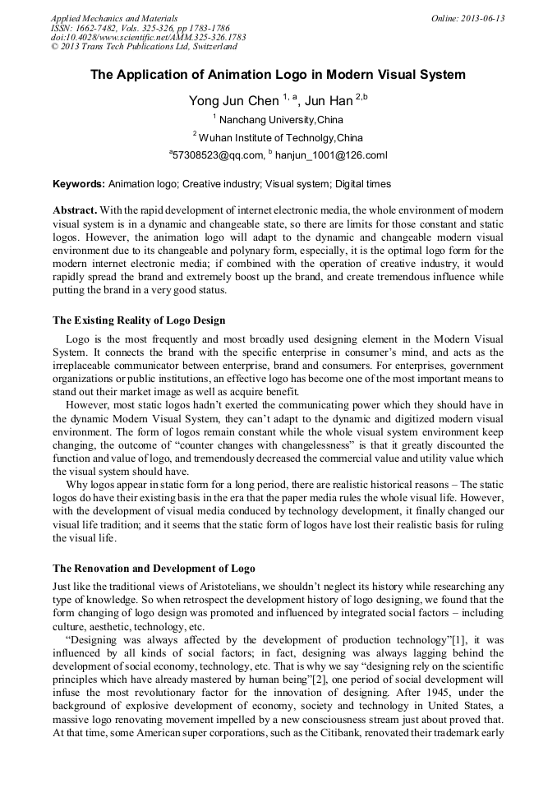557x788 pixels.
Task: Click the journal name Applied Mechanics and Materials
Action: [114, 17]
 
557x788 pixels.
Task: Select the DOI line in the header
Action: [148, 37]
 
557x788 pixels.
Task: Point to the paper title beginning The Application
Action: [278, 75]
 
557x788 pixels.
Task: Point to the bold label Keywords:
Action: [79, 184]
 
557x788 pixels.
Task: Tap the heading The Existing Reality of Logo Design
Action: [139, 320]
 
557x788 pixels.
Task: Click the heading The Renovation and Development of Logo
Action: [154, 568]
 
